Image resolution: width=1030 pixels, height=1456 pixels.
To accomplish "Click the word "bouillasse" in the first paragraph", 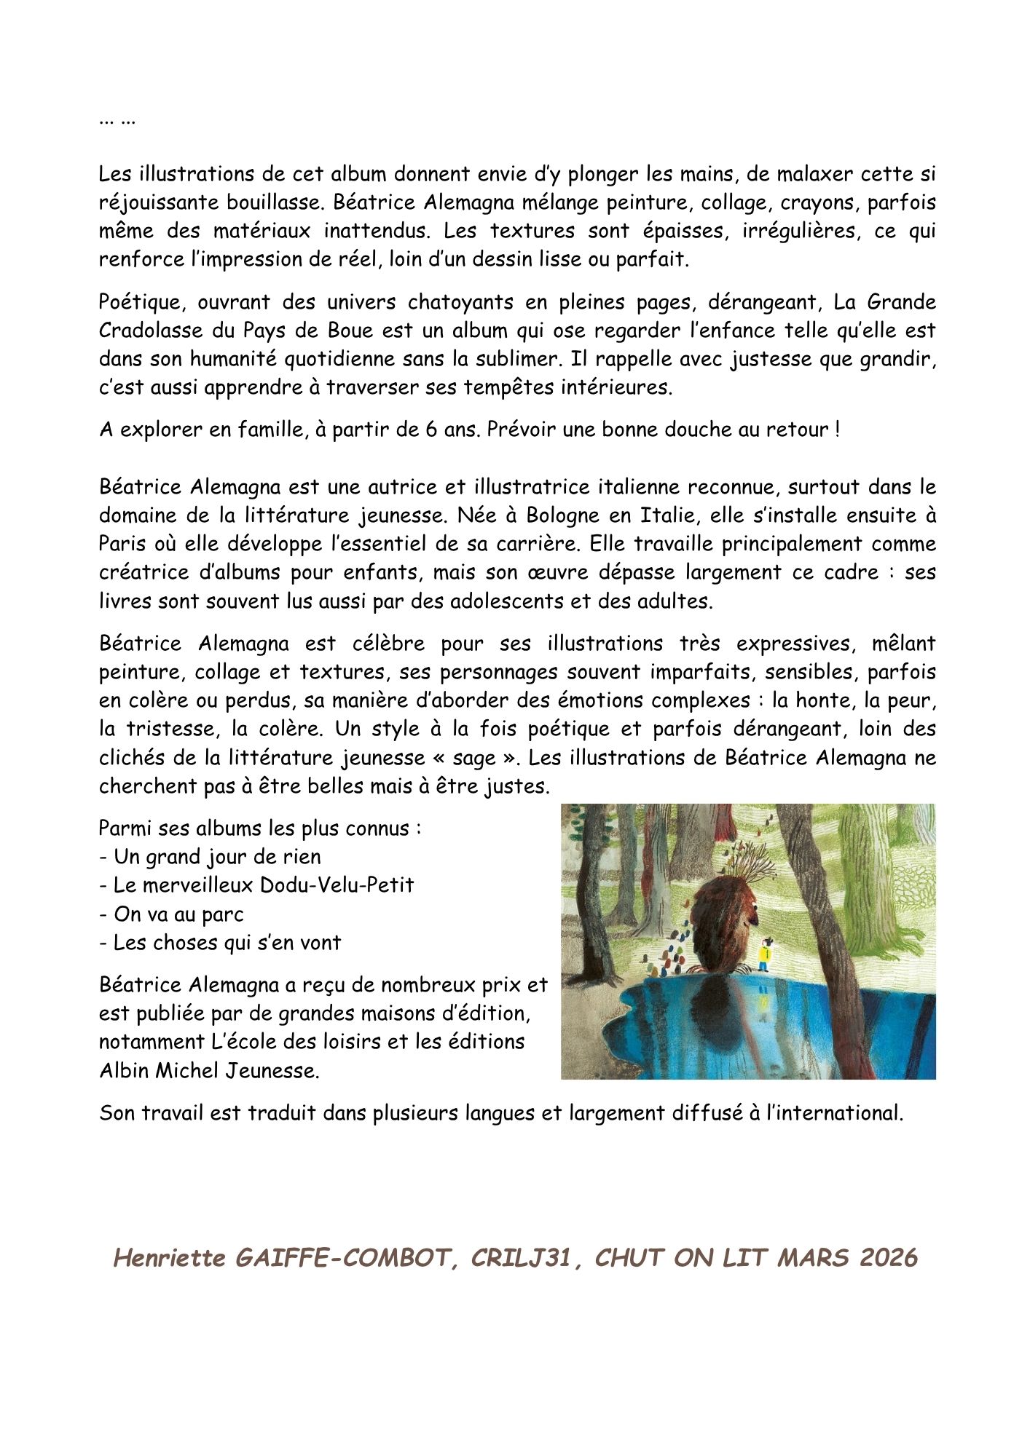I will (x=262, y=202).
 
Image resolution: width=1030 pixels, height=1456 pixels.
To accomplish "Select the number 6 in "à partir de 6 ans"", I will (x=431, y=430).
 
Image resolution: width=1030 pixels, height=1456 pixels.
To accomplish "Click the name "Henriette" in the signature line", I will (x=170, y=1258).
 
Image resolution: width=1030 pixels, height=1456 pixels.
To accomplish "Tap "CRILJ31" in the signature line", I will (x=521, y=1258).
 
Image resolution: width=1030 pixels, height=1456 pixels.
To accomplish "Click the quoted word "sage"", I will (x=474, y=758).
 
